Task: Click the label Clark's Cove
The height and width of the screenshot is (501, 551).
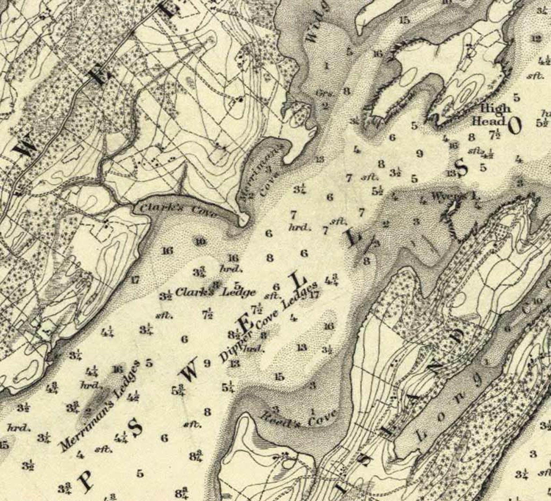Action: click(177, 210)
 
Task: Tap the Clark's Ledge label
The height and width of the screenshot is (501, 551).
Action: click(215, 292)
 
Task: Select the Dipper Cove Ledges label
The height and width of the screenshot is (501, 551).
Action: click(269, 321)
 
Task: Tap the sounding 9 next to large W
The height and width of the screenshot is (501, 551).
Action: click(207, 363)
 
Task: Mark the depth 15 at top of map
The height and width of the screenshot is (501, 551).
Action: click(404, 20)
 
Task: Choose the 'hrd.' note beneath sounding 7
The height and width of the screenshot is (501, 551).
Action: click(299, 227)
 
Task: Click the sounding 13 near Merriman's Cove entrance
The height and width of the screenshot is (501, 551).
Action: click(320, 159)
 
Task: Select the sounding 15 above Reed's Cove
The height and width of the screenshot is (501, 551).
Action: click(279, 377)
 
